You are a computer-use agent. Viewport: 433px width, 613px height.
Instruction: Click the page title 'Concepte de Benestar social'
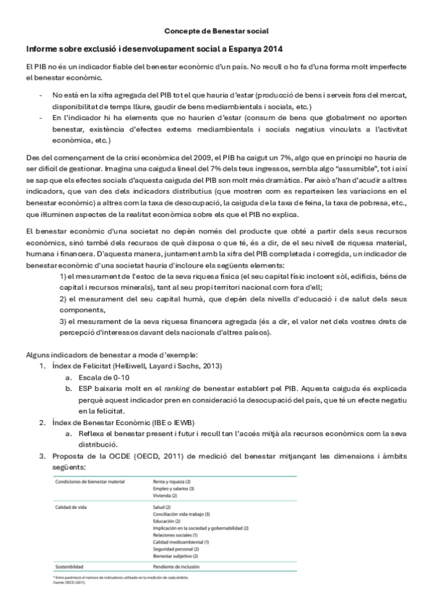pos(216,31)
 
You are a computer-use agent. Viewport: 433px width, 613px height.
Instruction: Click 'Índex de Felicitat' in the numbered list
pos(79,366)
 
